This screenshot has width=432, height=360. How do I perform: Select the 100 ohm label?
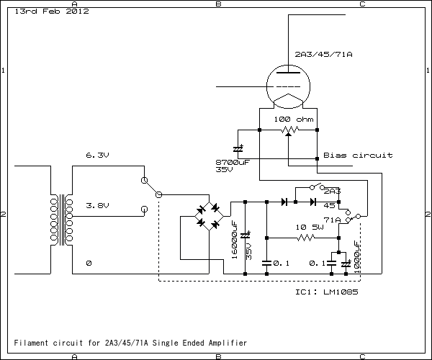292,117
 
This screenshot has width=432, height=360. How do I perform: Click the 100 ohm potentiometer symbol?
288,130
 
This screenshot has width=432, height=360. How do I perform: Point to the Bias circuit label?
358,156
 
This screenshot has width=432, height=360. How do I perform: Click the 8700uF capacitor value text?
233,163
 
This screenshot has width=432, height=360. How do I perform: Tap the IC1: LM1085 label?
327,293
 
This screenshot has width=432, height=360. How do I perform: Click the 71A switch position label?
333,220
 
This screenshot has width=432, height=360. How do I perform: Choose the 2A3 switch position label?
332,192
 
